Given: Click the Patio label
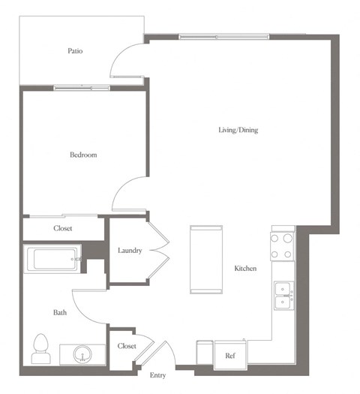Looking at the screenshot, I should (74, 52).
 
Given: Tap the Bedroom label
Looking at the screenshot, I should (83, 155).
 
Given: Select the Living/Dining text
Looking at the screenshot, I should (238, 130).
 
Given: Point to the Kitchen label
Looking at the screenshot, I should (246, 268).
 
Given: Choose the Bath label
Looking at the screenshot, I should (60, 312).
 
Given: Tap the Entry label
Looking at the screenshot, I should (157, 375).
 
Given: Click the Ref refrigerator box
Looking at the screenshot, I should (230, 356).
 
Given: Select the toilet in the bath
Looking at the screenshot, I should (42, 348).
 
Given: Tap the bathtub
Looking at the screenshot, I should (52, 260).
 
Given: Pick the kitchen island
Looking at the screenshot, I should (206, 258).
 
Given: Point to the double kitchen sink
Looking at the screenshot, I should (283, 296).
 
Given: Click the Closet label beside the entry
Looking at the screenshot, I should (127, 346).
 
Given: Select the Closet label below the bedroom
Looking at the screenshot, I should (62, 228).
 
